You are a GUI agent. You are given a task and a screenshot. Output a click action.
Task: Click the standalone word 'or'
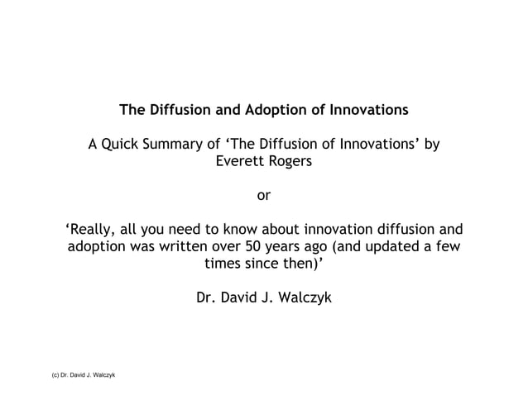pos(264,196)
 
